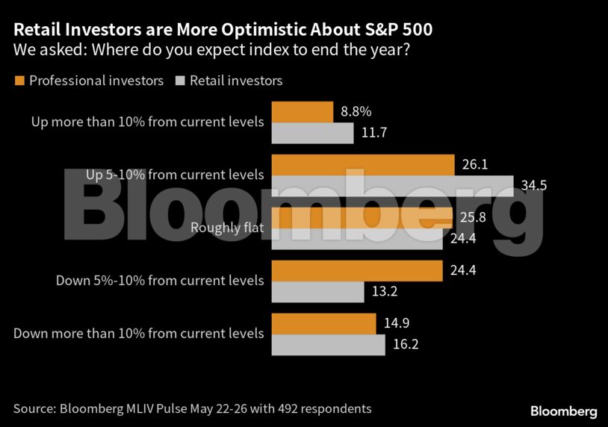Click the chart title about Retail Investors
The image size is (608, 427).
tap(223, 31)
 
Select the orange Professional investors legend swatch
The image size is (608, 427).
tap(19, 80)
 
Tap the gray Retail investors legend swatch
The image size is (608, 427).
tap(180, 80)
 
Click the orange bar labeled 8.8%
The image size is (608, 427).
tap(303, 112)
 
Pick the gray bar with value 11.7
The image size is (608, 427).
tap(312, 133)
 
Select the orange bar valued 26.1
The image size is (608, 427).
tap(363, 164)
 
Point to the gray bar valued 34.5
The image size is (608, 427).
tap(392, 185)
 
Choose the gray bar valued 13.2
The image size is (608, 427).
tap(317, 291)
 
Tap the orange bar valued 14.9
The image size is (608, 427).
tap(323, 323)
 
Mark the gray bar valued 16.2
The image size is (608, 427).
tap(328, 344)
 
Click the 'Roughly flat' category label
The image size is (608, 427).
tap(227, 228)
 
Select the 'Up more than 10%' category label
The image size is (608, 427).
tap(147, 122)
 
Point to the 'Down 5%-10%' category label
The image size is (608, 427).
tap(160, 281)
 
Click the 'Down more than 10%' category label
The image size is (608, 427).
tap(138, 333)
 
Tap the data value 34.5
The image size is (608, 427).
tap(534, 185)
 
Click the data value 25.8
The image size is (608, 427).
tap(474, 217)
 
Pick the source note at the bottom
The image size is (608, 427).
tap(192, 408)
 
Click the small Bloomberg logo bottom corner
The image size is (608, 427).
tap(563, 411)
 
